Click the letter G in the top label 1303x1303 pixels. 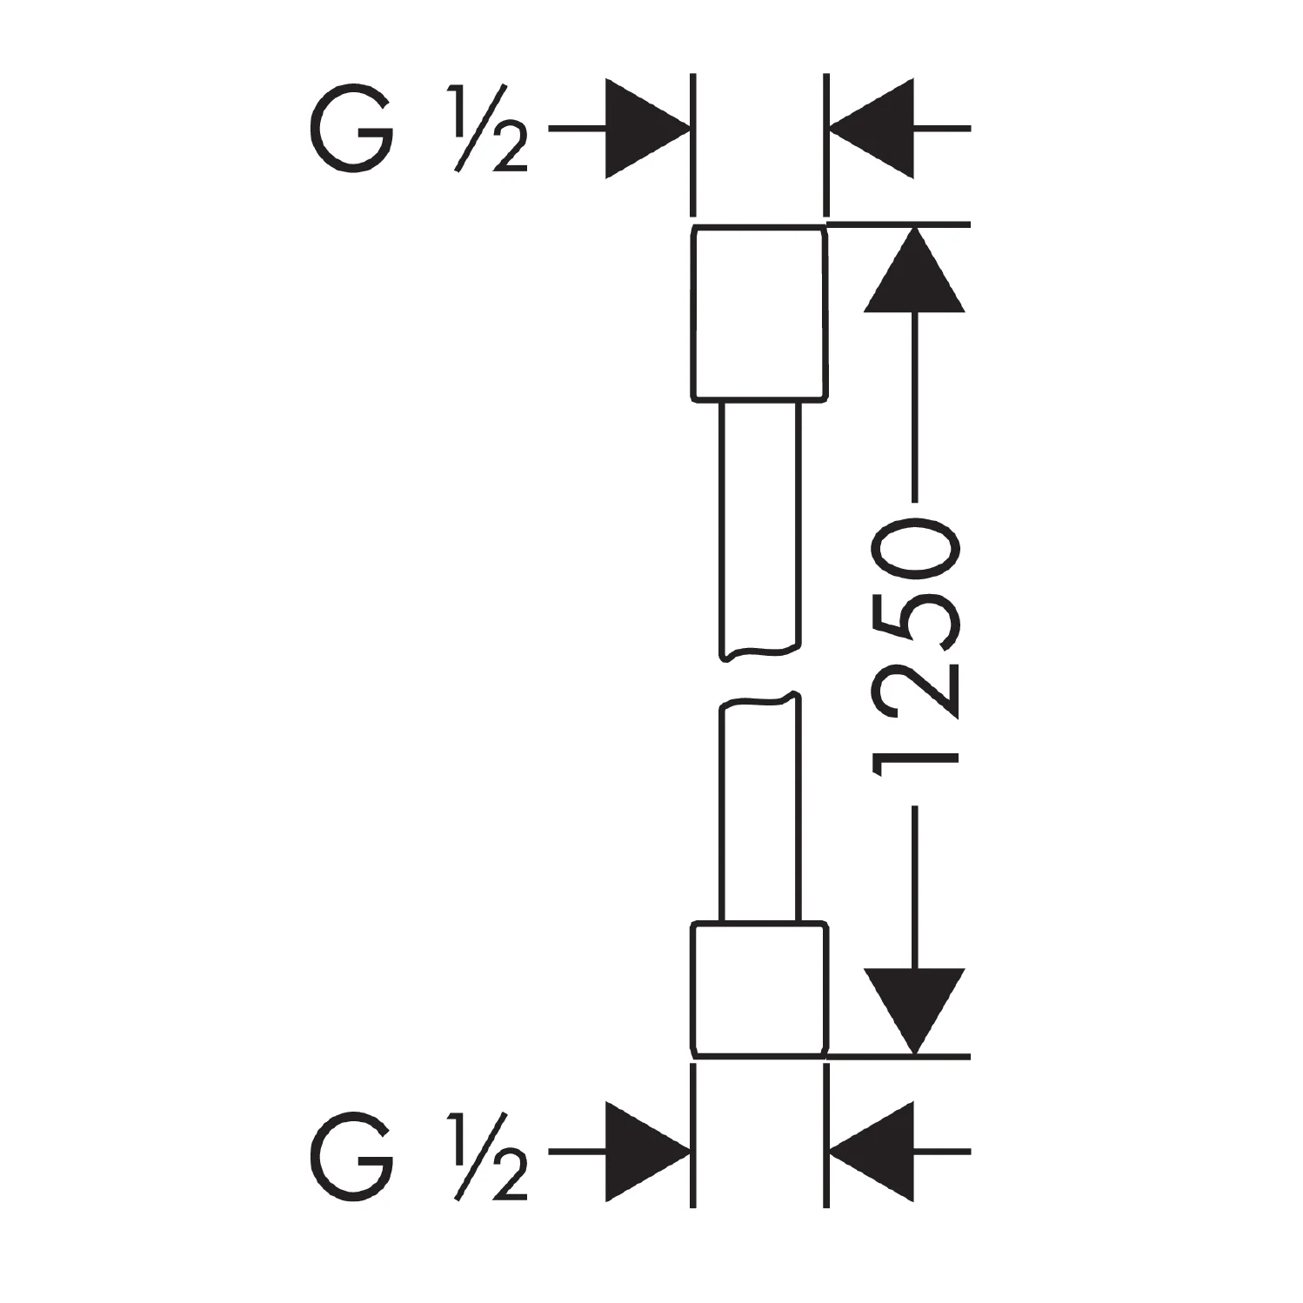pyautogui.click(x=351, y=129)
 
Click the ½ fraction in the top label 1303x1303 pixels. pyautogui.click(x=490, y=129)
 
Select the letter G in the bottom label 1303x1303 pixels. pyautogui.click(x=351, y=1153)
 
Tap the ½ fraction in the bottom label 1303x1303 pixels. pyautogui.click(x=490, y=1153)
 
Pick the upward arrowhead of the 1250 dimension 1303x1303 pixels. pyautogui.click(x=914, y=270)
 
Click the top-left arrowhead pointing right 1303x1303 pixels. pyautogui.click(x=647, y=129)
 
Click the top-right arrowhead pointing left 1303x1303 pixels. pyautogui.click(x=872, y=129)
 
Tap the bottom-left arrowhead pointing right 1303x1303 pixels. pyautogui.click(x=647, y=1153)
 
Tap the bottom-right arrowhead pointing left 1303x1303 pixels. pyautogui.click(x=872, y=1153)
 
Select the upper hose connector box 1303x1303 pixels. pyautogui.click(x=758, y=313)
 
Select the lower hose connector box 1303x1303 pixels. pyautogui.click(x=758, y=989)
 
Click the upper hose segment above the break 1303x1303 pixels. pyautogui.click(x=758, y=531)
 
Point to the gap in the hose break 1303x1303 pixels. pyautogui.click(x=758, y=674)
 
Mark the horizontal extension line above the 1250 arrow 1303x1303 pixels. pyautogui.click(x=899, y=225)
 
